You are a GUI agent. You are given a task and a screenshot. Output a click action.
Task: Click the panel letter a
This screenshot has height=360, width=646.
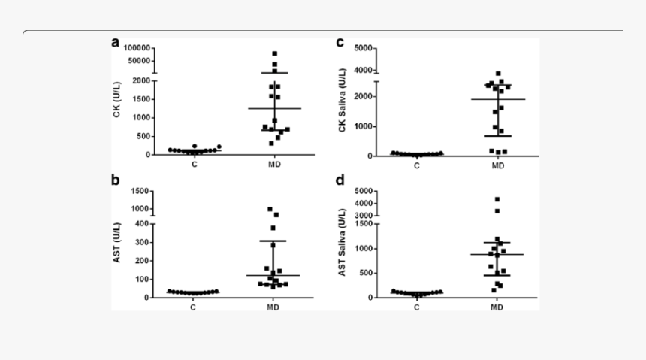116,42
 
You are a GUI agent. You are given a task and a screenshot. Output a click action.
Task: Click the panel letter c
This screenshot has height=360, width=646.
340,42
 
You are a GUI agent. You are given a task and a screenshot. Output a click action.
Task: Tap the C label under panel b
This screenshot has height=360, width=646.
193,307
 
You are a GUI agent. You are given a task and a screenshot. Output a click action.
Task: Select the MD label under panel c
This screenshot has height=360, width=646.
497,165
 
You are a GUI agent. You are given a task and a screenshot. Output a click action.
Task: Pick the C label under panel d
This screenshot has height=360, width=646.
416,307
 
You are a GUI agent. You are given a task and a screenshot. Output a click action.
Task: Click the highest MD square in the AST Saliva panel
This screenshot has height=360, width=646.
497,199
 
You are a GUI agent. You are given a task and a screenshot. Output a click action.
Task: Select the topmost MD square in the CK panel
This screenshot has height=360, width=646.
275,53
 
